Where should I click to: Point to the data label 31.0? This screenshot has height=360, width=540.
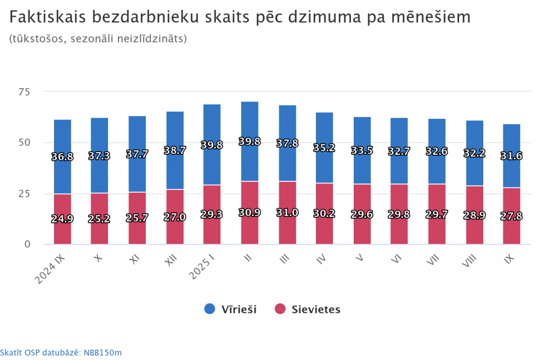click(287, 213)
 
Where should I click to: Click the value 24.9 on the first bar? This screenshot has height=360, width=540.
click(63, 219)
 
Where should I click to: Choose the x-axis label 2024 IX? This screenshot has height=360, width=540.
click(50, 269)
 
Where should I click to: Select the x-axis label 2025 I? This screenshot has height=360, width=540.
click(202, 268)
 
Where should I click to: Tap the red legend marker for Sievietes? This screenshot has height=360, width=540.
click(280, 309)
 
